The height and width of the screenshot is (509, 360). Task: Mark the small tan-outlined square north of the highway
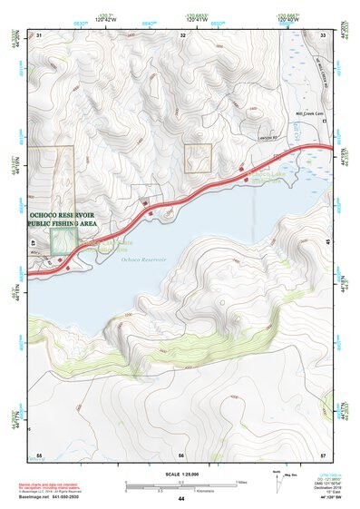[198, 158]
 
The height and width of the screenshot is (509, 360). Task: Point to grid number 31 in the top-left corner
[40, 34]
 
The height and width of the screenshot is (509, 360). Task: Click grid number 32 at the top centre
[183, 34]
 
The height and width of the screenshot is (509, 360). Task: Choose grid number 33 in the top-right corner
[324, 34]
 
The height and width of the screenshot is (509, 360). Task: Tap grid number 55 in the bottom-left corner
[39, 455]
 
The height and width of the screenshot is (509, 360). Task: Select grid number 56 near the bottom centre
[181, 455]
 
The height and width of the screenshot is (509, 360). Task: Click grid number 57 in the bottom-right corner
[324, 455]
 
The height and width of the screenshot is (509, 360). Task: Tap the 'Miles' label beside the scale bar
[240, 481]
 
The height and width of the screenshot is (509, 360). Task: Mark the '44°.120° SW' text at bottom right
[323, 500]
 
